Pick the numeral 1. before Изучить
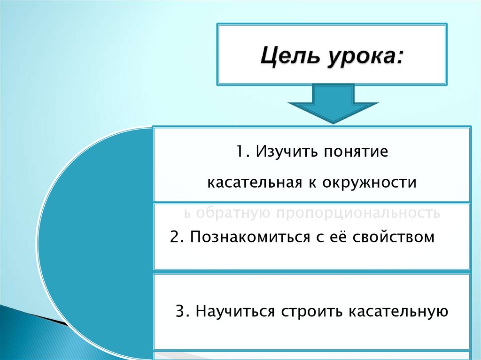tap(242, 153)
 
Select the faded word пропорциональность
tap(358, 214)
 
